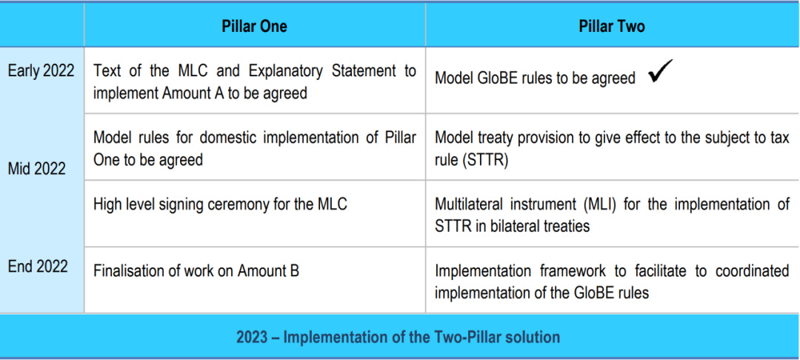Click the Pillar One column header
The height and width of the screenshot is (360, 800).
[x=254, y=26]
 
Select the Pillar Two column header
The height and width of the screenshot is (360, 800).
[x=612, y=26]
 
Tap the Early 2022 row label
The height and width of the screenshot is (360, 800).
[x=41, y=71]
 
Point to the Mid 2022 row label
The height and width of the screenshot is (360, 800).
[x=37, y=169]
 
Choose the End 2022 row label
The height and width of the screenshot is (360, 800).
[x=38, y=266]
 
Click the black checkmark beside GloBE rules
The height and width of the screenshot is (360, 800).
[x=661, y=71]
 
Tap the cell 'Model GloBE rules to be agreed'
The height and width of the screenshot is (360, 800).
[x=535, y=78]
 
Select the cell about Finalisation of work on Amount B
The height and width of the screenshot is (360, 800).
[x=196, y=271]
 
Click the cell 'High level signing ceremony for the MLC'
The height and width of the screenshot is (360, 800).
[x=220, y=204]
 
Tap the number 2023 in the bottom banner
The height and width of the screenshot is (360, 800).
[x=252, y=337]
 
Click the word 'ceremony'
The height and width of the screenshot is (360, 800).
[x=259, y=205]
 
